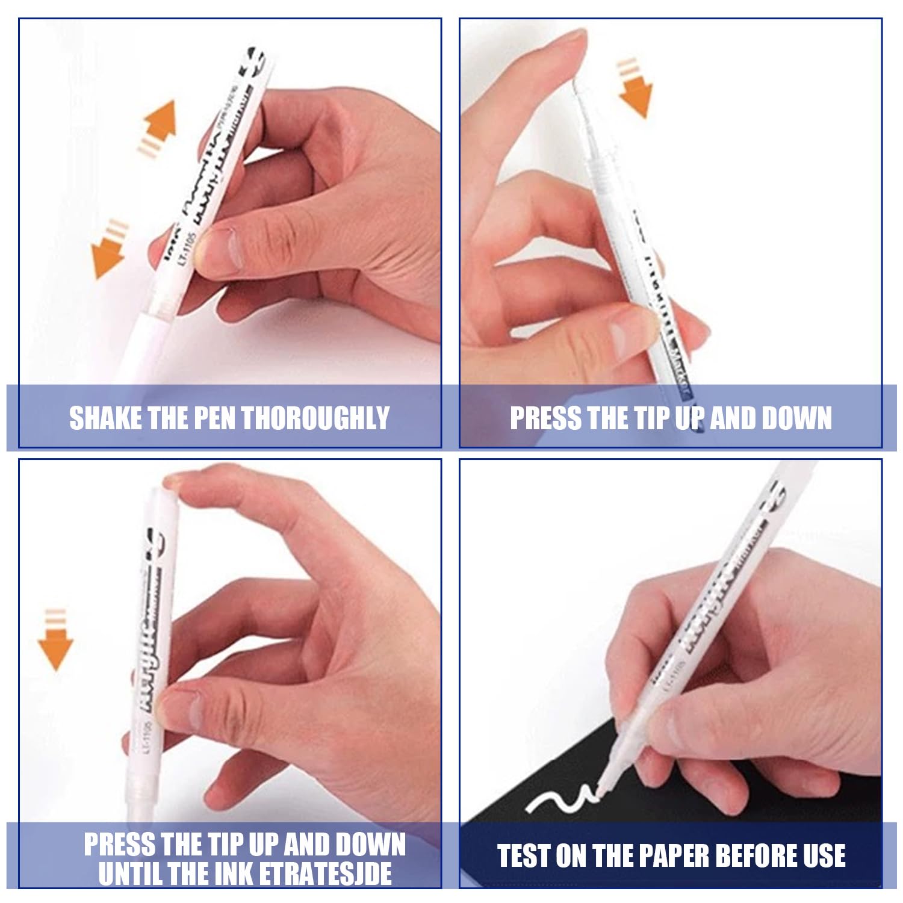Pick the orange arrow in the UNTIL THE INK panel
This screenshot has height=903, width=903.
55,647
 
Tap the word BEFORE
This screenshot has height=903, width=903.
757,855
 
